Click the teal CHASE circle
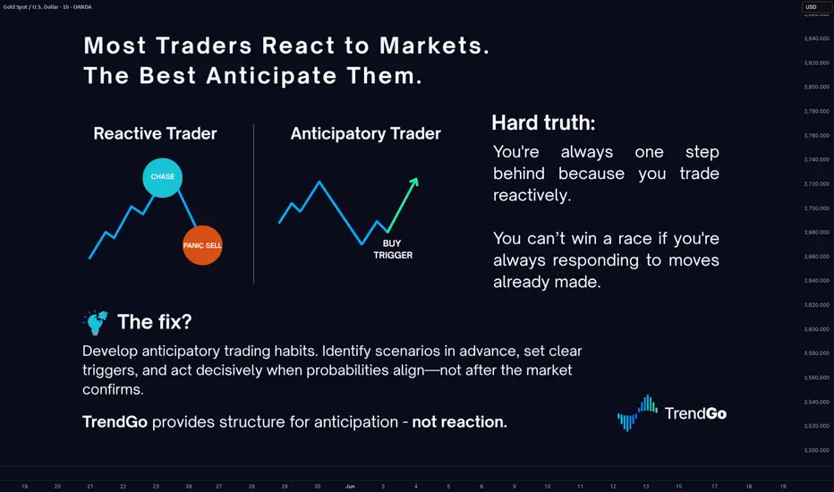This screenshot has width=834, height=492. pos(162,178)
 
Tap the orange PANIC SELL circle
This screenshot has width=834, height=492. pos(202,245)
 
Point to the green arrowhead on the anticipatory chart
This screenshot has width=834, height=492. pos(413,182)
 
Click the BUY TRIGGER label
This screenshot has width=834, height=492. pos(393,250)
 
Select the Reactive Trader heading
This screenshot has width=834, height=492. pos(156,133)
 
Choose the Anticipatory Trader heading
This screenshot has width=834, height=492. pos(365,133)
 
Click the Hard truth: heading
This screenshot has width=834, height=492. pos(543,123)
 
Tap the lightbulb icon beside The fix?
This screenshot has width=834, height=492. pos(96,322)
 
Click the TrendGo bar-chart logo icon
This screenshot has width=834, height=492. pos(637,412)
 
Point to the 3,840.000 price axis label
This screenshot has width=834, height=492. pos(816,38)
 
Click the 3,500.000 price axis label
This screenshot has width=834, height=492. pos(816,450)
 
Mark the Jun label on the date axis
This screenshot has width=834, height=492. pos(350,486)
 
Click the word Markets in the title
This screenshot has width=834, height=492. pos(434,46)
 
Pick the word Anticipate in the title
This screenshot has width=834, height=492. pos(271,76)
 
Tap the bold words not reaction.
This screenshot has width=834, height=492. pos(460,422)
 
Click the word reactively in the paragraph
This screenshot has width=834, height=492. pos(532,195)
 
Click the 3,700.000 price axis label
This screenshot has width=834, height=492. pos(816,208)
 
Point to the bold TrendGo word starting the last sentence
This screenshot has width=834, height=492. pos(115,422)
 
